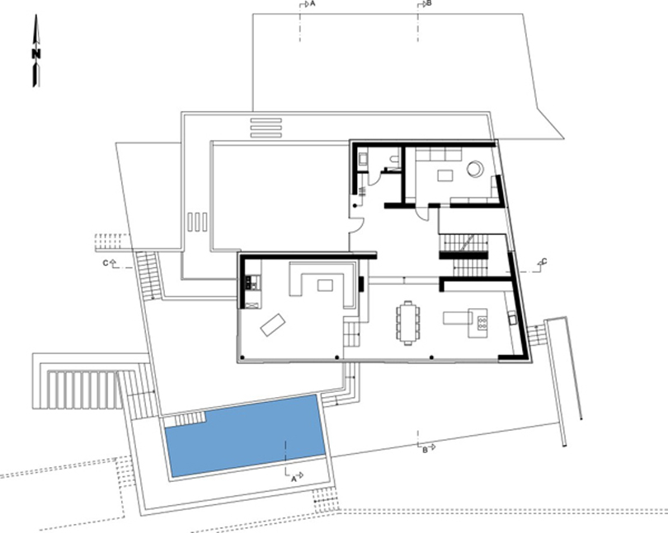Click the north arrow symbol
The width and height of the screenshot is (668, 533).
point(36,51)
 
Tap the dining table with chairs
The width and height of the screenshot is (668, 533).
point(408,323)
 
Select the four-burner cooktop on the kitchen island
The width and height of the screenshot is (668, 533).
point(482,323)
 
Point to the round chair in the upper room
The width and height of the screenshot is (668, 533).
point(475,169)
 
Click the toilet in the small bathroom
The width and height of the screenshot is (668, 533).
point(395,160)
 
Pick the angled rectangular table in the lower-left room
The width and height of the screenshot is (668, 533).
point(273,325)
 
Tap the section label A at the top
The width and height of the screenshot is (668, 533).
point(313,3)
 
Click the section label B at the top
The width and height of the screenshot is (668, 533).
point(429,3)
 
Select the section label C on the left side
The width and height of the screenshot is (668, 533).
point(106,263)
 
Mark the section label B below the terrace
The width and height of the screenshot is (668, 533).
point(425,450)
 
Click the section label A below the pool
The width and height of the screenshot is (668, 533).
point(294,479)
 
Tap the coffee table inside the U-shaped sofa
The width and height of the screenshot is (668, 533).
point(325,285)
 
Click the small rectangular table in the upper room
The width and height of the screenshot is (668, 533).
point(445,175)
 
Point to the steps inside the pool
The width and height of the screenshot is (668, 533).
point(186,420)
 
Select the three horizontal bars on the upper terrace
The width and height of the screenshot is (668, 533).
point(266,128)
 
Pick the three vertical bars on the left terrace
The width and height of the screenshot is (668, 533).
point(197,222)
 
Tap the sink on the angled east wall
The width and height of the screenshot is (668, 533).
point(511,317)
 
